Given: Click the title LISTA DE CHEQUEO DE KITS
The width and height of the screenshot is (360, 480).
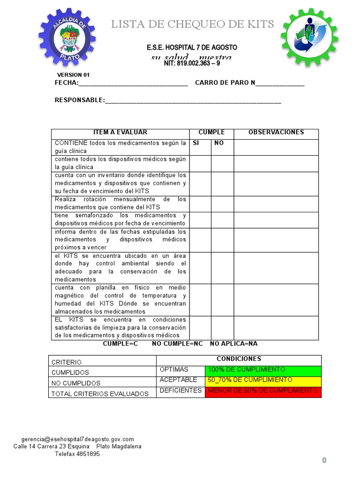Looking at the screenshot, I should click(192, 24).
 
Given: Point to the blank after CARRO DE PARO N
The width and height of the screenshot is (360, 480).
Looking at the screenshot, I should click(280, 83).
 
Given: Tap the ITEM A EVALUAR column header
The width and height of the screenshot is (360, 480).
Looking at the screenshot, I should click(120, 133).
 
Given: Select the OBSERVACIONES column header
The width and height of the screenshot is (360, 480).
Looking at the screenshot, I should click(276, 133).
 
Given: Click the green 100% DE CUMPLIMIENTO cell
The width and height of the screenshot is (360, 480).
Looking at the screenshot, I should click(263, 370).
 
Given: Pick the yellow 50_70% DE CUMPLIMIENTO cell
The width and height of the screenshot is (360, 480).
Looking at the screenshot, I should click(263, 381).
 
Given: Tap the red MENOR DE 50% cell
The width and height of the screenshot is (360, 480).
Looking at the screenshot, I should click(263, 391).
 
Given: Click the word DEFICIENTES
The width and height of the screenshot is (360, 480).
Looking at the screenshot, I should click(180, 391).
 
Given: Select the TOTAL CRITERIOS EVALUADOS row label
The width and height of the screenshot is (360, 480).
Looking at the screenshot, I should click(99, 394).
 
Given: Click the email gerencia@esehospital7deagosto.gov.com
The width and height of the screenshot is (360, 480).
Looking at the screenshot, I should click(77, 439).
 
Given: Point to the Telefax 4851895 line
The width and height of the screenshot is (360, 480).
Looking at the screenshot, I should click(77, 454).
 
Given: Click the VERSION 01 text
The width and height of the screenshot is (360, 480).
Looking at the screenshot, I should click(73, 75).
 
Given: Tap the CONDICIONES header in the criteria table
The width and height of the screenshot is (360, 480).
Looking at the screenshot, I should click(239, 359).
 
